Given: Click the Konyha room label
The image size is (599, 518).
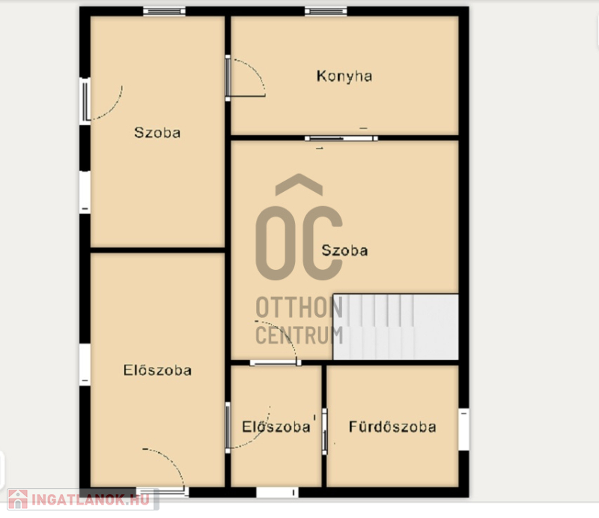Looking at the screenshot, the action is (x=344, y=76).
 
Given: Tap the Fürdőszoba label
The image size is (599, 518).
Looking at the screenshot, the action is (x=392, y=427).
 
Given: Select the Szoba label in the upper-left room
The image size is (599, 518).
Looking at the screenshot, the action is (x=157, y=133).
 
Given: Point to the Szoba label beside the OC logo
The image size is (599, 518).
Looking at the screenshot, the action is (x=344, y=250).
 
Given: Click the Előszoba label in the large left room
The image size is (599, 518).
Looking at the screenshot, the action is (x=157, y=370).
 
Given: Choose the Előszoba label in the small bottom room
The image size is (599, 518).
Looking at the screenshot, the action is (x=276, y=427).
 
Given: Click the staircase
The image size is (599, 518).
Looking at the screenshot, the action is (x=396, y=327).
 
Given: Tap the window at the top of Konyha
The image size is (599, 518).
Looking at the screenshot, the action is (x=326, y=11).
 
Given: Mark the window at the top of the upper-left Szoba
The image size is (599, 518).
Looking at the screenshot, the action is (x=164, y=11).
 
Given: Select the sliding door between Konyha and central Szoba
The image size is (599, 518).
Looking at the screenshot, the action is (x=341, y=138).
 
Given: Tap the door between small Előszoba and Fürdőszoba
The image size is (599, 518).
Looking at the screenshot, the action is (x=325, y=432).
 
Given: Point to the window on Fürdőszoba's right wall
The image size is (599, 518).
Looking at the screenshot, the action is (x=463, y=430).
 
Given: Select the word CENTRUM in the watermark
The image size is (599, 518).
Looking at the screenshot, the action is (x=299, y=335).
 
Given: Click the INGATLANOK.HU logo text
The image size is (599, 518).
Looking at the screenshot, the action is (x=91, y=500).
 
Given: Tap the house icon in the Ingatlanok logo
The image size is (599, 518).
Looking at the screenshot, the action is (x=18, y=500).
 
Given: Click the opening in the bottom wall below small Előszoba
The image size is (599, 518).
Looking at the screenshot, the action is (x=277, y=493).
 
